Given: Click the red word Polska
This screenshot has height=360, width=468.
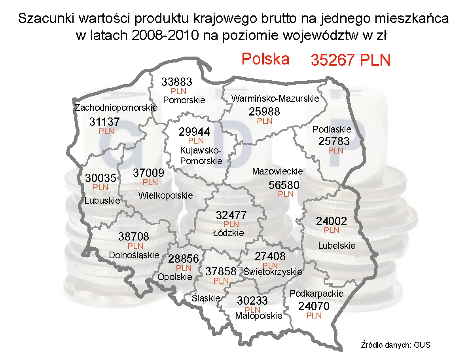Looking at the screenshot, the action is click(265, 59).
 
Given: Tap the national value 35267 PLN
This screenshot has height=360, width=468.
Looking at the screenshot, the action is click(351, 60).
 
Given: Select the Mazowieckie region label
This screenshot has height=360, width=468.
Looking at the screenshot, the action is click(277, 171).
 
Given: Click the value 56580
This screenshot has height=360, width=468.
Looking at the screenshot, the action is click(284, 185).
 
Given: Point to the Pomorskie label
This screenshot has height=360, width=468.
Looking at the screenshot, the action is click(184, 100).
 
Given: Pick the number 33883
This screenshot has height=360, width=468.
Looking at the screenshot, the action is click(177, 82).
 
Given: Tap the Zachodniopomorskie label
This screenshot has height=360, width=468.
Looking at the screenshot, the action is click(116, 107).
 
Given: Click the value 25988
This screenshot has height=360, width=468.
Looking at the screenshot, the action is click(264, 112).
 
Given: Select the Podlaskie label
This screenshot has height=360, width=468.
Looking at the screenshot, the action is click(332, 129).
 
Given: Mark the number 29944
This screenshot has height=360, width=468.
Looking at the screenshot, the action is click(194, 131).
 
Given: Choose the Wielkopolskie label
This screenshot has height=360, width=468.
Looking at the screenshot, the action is click(166, 195).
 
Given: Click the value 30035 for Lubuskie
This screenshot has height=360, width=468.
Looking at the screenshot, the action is click(100, 178).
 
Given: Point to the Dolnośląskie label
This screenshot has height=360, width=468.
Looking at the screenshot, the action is click(134, 255).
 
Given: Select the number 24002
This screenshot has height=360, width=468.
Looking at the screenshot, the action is click(332, 221).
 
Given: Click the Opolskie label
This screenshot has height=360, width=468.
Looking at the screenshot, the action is click(175, 277).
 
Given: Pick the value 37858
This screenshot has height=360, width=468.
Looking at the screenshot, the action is click(221, 271).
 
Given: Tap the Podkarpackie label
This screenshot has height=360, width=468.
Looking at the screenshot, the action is click(317, 294).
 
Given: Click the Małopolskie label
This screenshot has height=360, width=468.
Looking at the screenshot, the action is click(259, 316).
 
